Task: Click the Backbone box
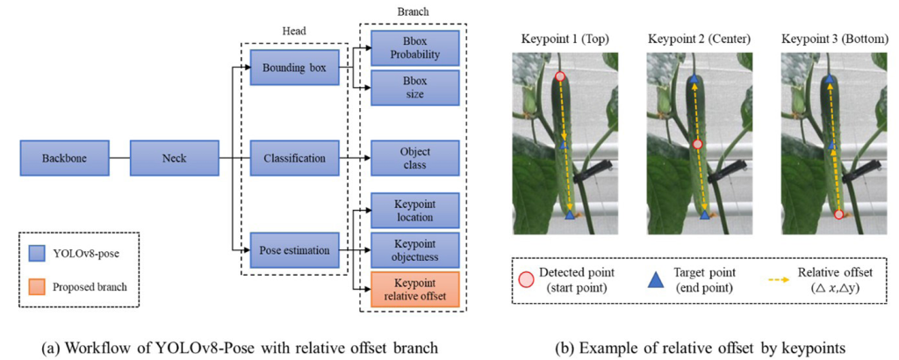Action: pos(59,159)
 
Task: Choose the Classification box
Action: pos(293,159)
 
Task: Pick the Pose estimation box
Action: pos(293,250)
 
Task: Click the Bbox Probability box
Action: pos(414,48)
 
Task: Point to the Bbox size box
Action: pos(414,87)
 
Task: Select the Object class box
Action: pos(414,159)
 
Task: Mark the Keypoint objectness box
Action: pos(414,250)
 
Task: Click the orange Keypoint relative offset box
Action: pos(414,289)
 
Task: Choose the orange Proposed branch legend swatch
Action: pos(38,286)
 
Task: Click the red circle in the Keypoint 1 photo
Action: pos(560,77)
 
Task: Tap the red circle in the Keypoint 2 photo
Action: pos(698,144)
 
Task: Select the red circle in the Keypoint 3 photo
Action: pos(838,213)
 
